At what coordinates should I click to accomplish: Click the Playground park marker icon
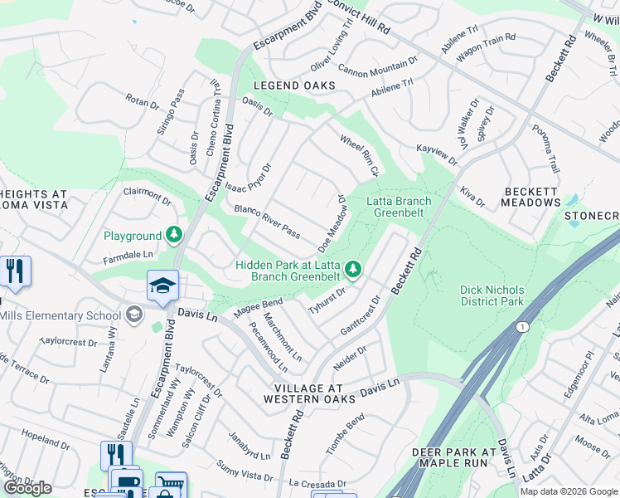click(174, 236)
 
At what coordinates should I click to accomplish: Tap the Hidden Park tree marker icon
click(353, 268)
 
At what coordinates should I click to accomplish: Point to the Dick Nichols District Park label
click(492, 295)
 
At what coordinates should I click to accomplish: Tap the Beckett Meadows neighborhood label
click(532, 197)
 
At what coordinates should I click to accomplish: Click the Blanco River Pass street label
click(267, 220)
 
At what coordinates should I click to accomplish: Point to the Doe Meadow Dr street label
click(332, 223)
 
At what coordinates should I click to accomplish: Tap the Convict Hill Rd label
click(358, 16)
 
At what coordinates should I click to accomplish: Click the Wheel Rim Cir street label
click(358, 155)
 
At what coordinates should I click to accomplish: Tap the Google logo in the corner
click(27, 488)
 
